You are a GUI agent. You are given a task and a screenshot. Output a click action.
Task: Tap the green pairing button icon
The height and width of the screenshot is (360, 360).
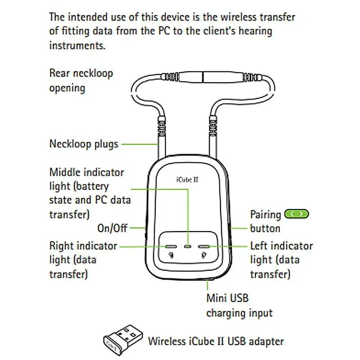pos(297,214)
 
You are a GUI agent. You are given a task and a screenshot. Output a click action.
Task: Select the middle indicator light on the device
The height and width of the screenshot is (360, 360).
pos(188,247)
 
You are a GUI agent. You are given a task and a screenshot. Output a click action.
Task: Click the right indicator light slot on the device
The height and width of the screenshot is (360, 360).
pos(171,247)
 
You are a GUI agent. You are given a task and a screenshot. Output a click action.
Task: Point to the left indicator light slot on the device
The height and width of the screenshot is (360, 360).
pos(204,247)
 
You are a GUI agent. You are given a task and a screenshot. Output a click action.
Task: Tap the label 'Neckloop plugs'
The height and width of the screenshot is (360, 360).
pos(84,144)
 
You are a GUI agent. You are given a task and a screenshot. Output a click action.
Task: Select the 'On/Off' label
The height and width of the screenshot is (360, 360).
pos(112,228)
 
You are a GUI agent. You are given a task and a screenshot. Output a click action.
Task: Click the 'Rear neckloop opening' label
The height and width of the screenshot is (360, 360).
pos(81,81)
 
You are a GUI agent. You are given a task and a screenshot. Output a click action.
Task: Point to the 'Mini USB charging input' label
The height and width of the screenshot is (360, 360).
pos(239,306)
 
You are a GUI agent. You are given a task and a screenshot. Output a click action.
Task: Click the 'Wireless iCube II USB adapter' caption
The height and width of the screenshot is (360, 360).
pos(216,341)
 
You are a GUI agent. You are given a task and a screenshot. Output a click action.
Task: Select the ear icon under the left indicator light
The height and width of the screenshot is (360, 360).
pos(204,256)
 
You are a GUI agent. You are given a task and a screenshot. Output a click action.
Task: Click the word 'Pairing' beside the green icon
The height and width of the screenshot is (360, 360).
pos(265,215)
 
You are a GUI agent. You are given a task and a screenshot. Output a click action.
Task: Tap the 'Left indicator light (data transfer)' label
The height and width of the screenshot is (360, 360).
pos(281,260)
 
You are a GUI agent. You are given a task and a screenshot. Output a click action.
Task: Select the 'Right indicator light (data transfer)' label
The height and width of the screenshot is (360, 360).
pos(83,260)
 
